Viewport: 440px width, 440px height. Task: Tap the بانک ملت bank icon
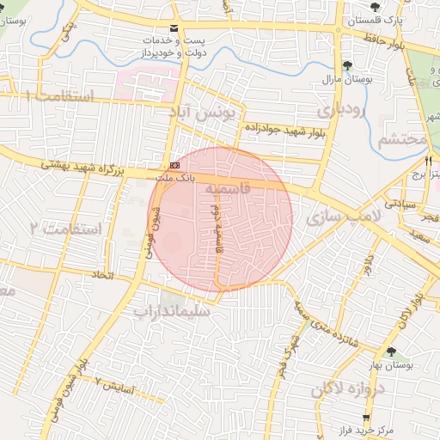click(175, 164)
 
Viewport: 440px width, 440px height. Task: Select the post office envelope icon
click(175, 28)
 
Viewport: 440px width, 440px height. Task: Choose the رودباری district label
click(341, 110)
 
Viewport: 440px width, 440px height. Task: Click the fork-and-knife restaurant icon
click(429, 161)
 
